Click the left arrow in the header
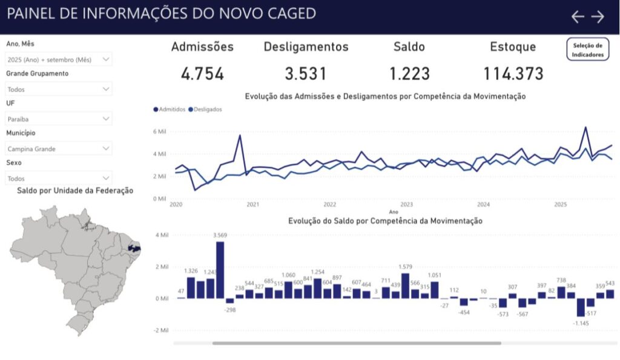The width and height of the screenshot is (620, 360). point(578,17)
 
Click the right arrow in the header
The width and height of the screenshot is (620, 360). point(598,17)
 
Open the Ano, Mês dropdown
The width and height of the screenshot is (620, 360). point(59,59)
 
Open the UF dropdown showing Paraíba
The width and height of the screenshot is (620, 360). point(59,119)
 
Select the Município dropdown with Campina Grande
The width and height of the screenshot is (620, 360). point(59,148)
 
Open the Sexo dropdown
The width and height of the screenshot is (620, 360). point(59,178)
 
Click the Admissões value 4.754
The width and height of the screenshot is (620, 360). point(202,74)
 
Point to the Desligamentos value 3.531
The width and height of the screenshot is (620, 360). point(306,74)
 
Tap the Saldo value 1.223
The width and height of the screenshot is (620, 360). point(409,74)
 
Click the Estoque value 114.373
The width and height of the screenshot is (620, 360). point(513,74)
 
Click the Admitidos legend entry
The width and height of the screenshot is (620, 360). point(170,110)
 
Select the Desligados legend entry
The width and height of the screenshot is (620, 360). point(205,110)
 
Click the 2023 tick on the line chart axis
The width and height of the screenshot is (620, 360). point(406,205)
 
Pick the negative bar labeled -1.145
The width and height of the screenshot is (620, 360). point(581,307)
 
